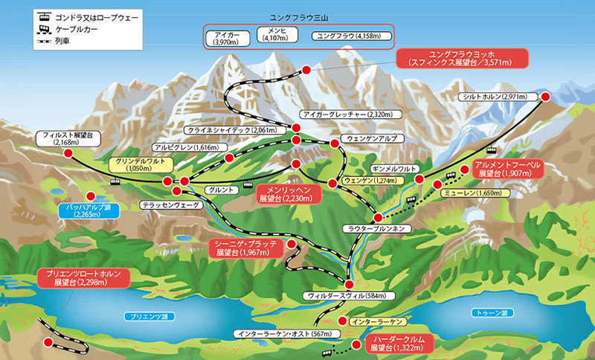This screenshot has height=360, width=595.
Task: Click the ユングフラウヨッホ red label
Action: pyautogui.click(x=462, y=59)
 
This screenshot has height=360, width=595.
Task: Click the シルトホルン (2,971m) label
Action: pyautogui.click(x=494, y=97)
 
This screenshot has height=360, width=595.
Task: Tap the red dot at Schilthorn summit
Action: pyautogui.click(x=545, y=97)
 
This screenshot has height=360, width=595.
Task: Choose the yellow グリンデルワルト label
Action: pyautogui.click(x=140, y=165)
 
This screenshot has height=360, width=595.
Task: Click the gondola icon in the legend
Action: pyautogui.click(x=46, y=15)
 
